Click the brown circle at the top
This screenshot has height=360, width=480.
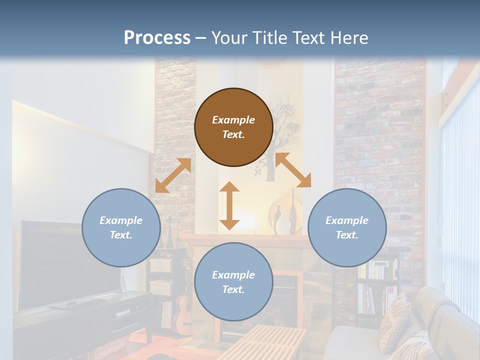pyautogui.click(x=233, y=127)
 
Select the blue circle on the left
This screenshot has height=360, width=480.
pyautogui.click(x=121, y=227)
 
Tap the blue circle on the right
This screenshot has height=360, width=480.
pyautogui.click(x=347, y=227)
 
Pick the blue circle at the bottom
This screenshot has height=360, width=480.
pyautogui.click(x=233, y=282)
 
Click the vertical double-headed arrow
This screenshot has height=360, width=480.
pyautogui.click(x=229, y=205)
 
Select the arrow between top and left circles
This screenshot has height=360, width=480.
pyautogui.click(x=173, y=175)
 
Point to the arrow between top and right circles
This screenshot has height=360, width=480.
pyautogui.click(x=293, y=170)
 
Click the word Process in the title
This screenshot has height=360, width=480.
pyautogui.click(x=157, y=37)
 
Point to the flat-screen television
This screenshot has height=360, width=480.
pyautogui.click(x=60, y=265)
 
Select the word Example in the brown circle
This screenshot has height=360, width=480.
pyautogui.click(x=233, y=120)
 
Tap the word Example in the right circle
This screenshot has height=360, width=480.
pyautogui.click(x=347, y=220)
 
